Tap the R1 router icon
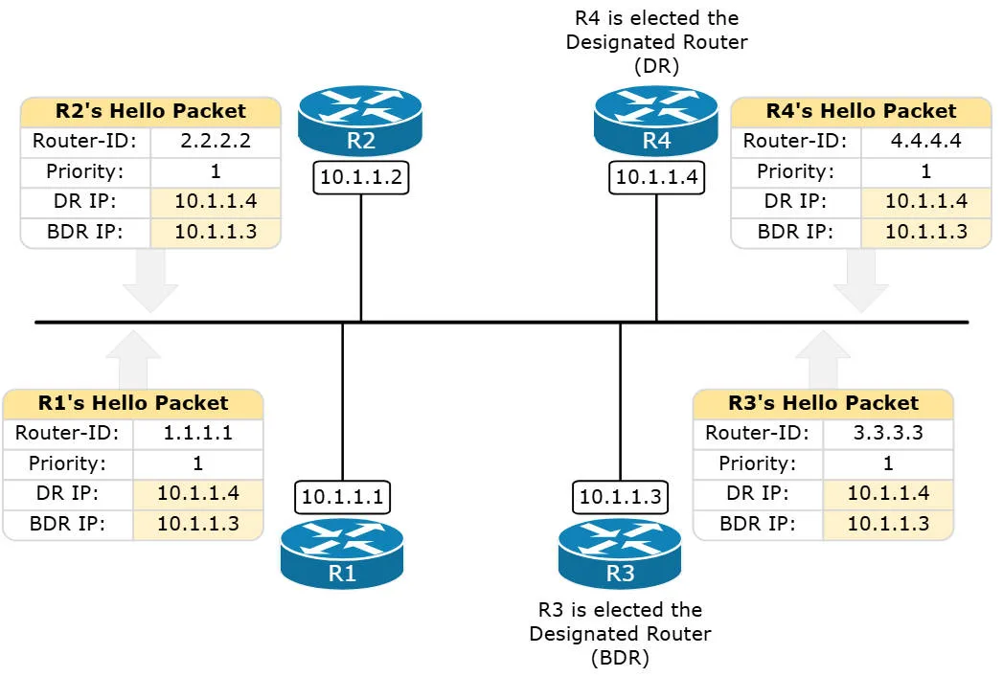click(x=342, y=554)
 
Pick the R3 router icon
click(x=620, y=554)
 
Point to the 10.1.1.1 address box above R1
click(x=342, y=496)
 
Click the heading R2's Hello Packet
click(x=150, y=111)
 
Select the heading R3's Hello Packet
click(x=823, y=403)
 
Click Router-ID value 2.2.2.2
click(x=216, y=141)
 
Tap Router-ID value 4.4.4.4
click(x=925, y=141)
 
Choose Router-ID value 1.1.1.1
click(x=197, y=433)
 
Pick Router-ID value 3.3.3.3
click(x=888, y=433)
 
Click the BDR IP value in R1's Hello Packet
click(x=197, y=524)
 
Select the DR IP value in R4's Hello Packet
click(x=925, y=201)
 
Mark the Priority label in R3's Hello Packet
click(x=757, y=463)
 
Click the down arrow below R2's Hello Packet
click(x=150, y=283)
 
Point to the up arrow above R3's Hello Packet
click(x=823, y=359)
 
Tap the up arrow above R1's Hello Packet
click(x=133, y=359)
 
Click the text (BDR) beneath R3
click(x=620, y=658)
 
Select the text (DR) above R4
click(x=656, y=66)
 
